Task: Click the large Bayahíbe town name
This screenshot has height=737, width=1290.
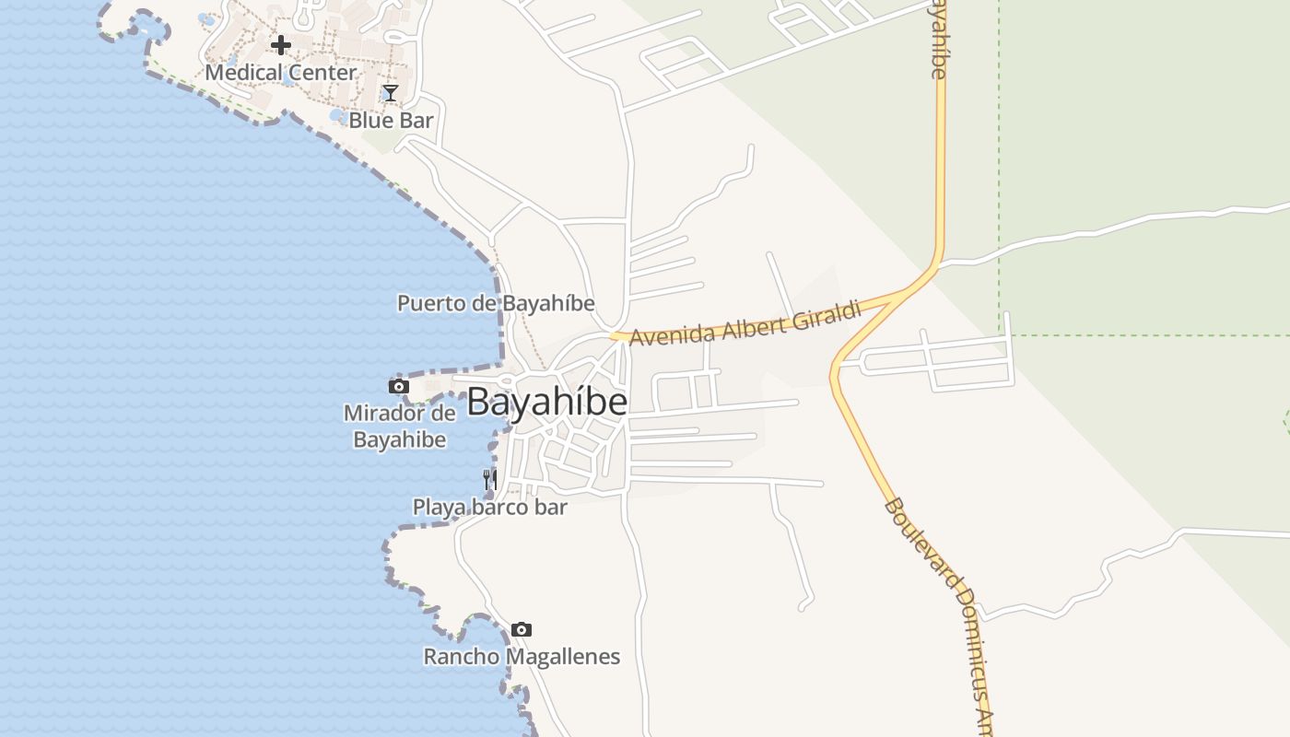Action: click(x=547, y=403)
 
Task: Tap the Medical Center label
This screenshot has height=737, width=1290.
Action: click(x=280, y=72)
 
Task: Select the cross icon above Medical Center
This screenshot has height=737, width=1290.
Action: click(x=281, y=44)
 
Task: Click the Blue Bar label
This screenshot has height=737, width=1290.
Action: click(x=391, y=120)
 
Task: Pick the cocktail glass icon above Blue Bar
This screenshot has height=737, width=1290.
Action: click(x=391, y=93)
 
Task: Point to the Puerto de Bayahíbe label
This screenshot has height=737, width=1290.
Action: click(x=496, y=303)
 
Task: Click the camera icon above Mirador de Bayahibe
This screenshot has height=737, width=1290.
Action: click(x=398, y=386)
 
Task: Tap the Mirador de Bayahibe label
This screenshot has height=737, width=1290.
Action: click(x=400, y=426)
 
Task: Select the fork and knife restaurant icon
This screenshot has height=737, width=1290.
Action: click(x=490, y=479)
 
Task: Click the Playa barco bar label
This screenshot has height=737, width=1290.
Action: click(x=489, y=507)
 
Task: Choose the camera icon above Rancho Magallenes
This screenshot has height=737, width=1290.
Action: click(x=522, y=629)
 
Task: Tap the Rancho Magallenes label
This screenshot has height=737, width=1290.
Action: click(x=522, y=657)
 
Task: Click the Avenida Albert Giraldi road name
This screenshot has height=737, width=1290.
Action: click(x=745, y=323)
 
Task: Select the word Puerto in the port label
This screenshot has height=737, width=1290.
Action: click(x=427, y=303)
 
